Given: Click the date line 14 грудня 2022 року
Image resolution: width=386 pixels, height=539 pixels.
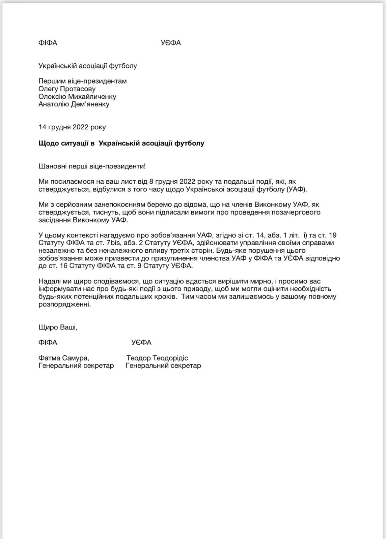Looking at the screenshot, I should point(72,127).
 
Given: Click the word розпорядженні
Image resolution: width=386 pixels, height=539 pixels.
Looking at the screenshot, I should point(64,304).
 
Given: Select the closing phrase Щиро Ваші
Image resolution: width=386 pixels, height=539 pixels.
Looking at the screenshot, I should point(58,327).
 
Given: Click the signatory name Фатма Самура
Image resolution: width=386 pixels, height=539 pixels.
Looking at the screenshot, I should point(64,358).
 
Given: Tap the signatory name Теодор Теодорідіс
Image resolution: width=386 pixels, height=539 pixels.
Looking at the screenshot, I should point(157,358).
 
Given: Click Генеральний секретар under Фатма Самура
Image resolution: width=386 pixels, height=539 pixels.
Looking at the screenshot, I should point(76,366).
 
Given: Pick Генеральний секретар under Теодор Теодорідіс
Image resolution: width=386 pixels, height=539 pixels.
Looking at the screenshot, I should point(163,366).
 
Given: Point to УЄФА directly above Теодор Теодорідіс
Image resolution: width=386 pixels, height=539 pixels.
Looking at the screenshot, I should point(141,343).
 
